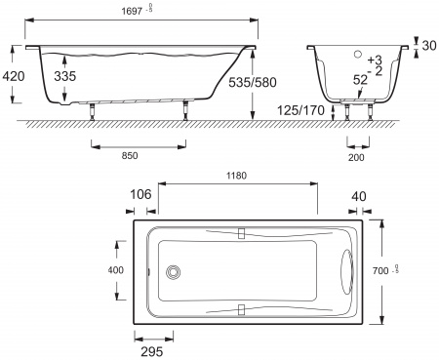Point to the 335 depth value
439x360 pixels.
coord(64,74)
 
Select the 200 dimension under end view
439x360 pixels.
coord(359,156)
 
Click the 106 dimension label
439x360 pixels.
coord(141,193)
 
